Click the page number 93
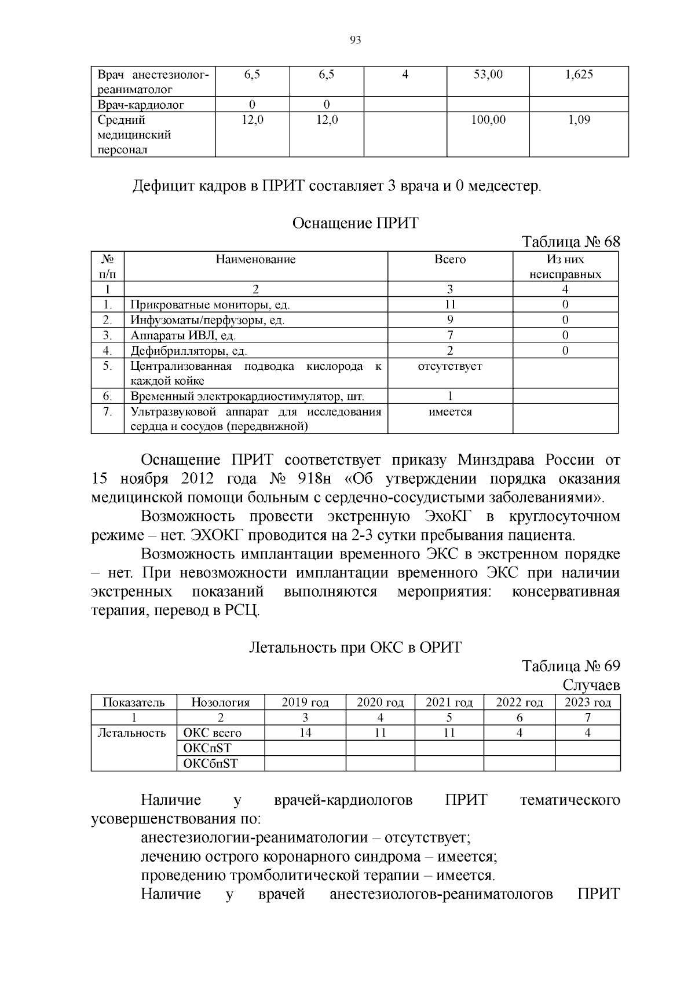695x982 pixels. [356, 40]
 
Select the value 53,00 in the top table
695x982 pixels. [488, 75]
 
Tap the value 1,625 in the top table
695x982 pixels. [579, 75]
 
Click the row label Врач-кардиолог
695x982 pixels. [141, 105]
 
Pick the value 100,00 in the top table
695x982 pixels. [488, 120]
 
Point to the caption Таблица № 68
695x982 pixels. [570, 241]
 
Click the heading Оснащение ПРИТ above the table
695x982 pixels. [355, 223]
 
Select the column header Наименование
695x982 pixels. [255, 259]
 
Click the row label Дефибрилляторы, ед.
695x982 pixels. [189, 351]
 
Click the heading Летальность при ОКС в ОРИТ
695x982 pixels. [355, 647]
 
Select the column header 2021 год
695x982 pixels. [449, 703]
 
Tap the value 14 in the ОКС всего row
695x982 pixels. [305, 733]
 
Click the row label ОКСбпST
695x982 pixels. [210, 763]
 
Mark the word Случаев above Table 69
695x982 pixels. [591, 685]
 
